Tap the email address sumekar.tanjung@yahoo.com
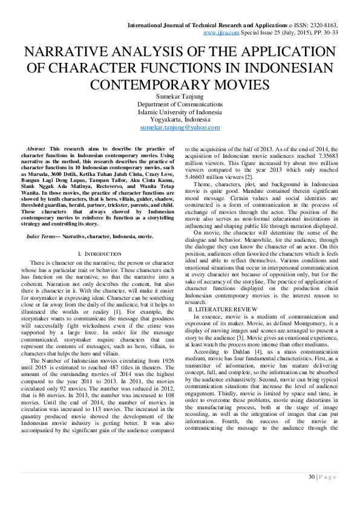tap(180, 128)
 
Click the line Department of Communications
tap(180, 105)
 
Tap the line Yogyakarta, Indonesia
tap(180, 120)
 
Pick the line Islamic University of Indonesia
tap(180, 112)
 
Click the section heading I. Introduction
tap(100, 253)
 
